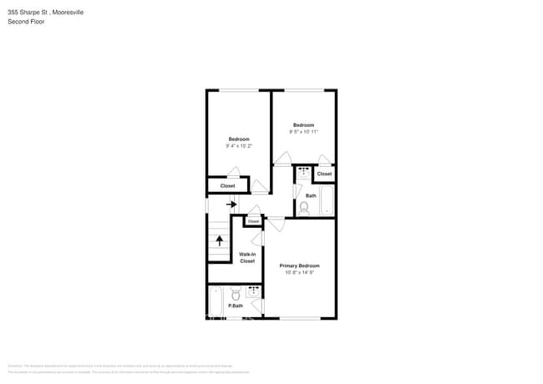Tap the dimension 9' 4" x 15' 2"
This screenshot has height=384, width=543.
point(238,146)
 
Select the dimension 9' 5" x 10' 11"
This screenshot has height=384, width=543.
point(303,132)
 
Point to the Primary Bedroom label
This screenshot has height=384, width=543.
point(299,265)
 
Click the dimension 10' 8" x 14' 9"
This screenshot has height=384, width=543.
point(299,272)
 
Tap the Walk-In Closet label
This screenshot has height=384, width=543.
point(247,258)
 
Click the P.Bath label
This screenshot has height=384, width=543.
point(236,306)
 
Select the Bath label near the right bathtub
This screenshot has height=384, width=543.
point(311,196)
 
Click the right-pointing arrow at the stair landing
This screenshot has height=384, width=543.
point(232,205)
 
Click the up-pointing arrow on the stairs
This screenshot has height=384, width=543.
point(220,240)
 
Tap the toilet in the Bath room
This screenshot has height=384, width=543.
point(304,206)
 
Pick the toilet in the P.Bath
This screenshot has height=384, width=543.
point(236,294)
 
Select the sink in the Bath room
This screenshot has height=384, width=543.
point(303,171)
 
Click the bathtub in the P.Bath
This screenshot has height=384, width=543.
point(216,301)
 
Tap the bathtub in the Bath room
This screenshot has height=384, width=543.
point(327,201)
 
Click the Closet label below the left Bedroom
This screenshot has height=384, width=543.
point(227,186)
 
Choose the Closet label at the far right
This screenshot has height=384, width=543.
point(324,174)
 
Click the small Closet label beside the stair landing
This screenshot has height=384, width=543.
point(252,221)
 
